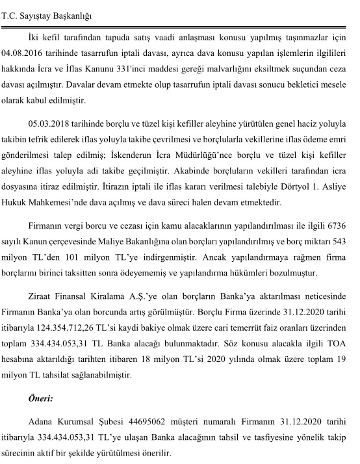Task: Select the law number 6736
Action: pos(335,226)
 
